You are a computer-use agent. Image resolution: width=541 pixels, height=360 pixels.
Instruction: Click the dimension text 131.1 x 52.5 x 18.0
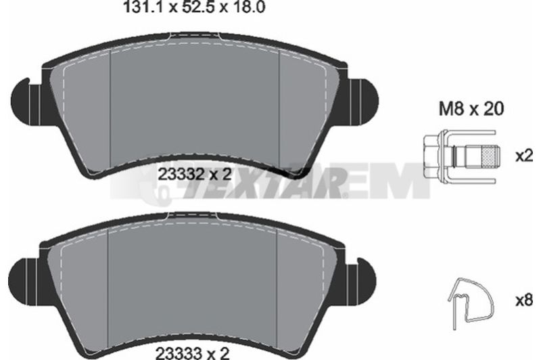pyautogui.click(x=194, y=7)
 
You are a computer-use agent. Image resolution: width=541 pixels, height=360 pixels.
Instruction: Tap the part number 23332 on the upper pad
pyautogui.click(x=180, y=175)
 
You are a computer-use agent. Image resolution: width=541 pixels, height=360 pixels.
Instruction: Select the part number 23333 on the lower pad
pyautogui.click(x=179, y=353)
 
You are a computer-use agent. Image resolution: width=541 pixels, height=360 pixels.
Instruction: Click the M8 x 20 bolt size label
pyautogui.click(x=471, y=109)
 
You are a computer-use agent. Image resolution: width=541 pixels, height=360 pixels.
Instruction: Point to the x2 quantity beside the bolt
pyautogui.click(x=525, y=156)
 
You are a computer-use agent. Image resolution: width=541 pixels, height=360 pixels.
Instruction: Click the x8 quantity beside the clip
pyautogui.click(x=525, y=300)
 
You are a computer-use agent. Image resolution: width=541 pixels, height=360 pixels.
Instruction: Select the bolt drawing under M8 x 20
pyautogui.click(x=460, y=156)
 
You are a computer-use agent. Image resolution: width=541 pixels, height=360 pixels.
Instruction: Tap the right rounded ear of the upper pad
pyautogui.click(x=364, y=100)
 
